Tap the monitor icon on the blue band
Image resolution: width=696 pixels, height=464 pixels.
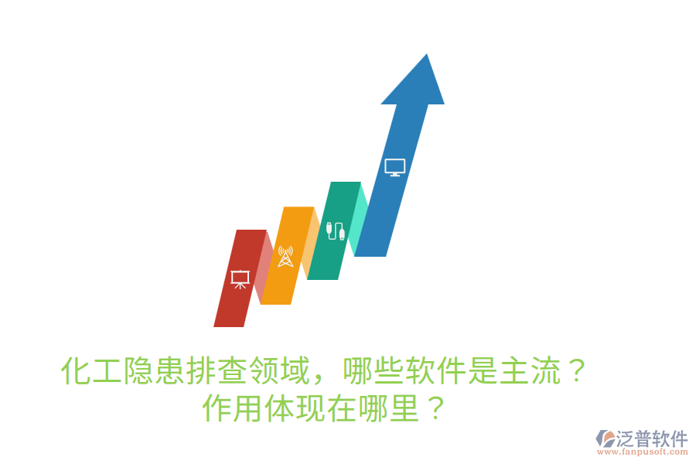point(394,167)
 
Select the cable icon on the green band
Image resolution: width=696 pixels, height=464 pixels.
point(336,230)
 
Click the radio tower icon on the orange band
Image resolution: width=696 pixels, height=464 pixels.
point(286,256)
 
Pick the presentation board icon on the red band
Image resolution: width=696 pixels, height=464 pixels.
point(240,278)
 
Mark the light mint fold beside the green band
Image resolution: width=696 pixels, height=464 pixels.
point(357,220)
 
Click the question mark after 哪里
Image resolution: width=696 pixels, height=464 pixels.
point(436,408)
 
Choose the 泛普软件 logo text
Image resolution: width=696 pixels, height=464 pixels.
point(652,439)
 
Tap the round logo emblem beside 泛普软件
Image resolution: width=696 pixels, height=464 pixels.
point(604,439)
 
